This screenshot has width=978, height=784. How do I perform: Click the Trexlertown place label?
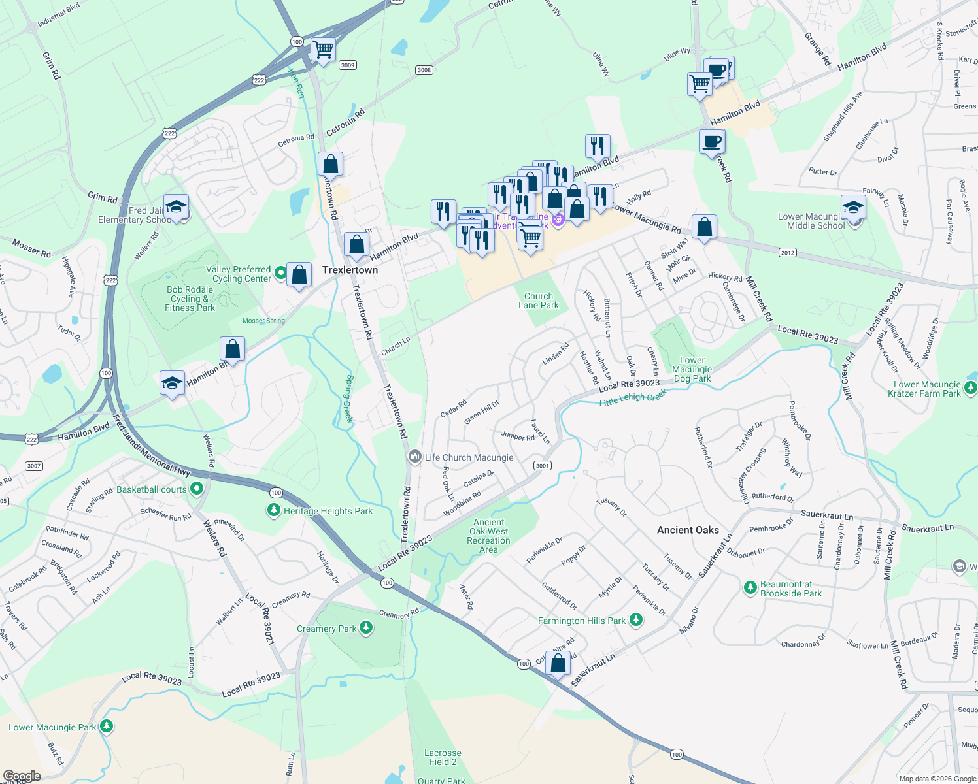pos(350,270)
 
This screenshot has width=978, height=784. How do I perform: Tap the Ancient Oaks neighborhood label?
pos(688,530)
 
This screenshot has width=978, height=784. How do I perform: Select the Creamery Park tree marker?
pos(366,629)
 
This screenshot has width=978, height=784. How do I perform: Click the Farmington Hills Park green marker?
pos(635,621)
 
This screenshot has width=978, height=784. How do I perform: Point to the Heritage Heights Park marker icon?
pos(274,511)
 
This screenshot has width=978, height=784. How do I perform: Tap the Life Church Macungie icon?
pos(414,457)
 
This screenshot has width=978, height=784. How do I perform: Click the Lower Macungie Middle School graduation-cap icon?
pos(853,208)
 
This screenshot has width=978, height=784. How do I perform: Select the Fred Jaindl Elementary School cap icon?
pos(176,207)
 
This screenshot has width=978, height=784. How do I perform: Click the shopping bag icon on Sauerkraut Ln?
pos(558,664)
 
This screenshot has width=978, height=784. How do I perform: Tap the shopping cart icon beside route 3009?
pos(323,49)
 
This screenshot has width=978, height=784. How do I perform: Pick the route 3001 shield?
pos(542,465)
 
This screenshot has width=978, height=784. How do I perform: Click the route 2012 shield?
pos(787,252)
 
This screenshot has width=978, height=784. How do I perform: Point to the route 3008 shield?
pos(424,70)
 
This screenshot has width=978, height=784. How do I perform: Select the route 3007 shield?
pos(34,466)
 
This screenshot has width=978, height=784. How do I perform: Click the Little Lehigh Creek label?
pos(632,398)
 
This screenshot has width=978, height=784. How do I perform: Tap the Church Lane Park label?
pos(539,301)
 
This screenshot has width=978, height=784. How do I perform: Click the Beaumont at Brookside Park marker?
pos(750,588)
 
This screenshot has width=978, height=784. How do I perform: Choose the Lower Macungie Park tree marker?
pos(107,727)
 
